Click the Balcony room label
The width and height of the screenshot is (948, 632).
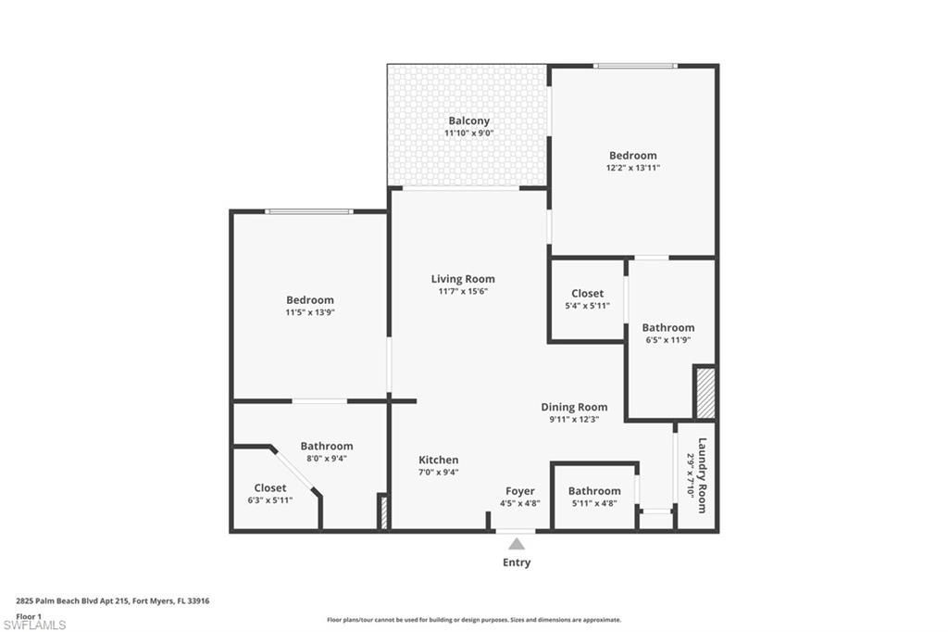coord(468,120)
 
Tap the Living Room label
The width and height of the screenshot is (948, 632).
coord(463,279)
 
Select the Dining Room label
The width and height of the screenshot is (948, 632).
coord(574,407)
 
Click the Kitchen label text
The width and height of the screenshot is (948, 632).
coord(438,460)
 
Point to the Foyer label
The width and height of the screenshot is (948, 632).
coord(519,491)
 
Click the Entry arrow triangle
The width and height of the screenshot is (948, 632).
coord(517,544)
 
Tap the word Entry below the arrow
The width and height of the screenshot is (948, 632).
coord(517,562)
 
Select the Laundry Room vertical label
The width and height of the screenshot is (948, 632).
coord(702,474)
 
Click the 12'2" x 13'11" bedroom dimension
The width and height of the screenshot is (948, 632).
coord(633,168)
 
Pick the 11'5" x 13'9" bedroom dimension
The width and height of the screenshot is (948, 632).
coord(310,312)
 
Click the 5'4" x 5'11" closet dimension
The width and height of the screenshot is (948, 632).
coord(587,306)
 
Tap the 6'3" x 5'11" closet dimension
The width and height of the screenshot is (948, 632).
coord(269,500)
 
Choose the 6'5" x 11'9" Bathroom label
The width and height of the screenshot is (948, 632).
coord(667,327)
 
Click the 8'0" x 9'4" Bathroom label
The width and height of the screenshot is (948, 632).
coord(326,446)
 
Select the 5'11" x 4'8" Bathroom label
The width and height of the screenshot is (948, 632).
coord(594,491)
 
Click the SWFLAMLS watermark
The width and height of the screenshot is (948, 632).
coord(34,625)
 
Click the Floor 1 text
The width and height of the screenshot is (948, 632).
coord(30,615)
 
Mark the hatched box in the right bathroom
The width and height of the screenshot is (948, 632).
coord(705,393)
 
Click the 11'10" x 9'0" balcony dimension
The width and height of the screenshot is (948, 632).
coord(468,133)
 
